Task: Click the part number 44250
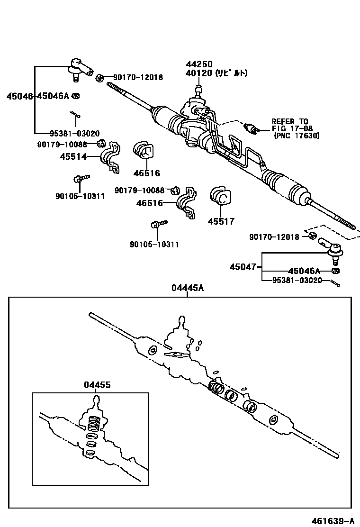199,64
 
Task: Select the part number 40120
199,73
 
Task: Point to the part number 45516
146,173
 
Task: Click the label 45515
149,203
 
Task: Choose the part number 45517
221,221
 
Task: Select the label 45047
243,267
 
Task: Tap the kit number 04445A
187,288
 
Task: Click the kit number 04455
98,385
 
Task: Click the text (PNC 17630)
297,136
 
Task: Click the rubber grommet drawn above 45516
144,150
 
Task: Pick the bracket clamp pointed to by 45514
110,157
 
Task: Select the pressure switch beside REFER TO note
251,128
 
